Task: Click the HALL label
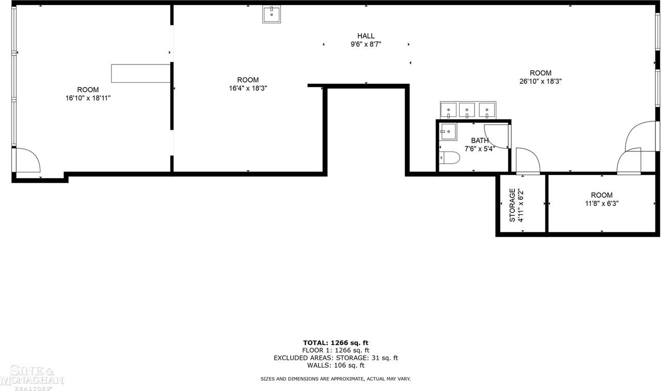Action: tap(366, 36)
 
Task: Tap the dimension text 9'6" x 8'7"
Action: tap(366, 44)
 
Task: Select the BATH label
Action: tap(480, 140)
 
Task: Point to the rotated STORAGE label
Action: tap(512, 205)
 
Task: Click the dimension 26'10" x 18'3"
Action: tap(540, 81)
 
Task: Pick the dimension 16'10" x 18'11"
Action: tap(88, 98)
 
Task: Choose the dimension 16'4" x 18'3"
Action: tap(248, 88)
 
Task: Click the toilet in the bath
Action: tap(449, 158)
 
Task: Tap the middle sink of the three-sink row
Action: tap(467, 110)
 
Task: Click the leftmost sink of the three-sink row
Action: tap(449, 110)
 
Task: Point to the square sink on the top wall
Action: tap(271, 14)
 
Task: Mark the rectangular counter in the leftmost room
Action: tap(141, 73)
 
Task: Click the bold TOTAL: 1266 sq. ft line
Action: tap(336, 342)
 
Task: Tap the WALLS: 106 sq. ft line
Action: tap(336, 365)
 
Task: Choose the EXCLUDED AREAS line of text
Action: tap(336, 357)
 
